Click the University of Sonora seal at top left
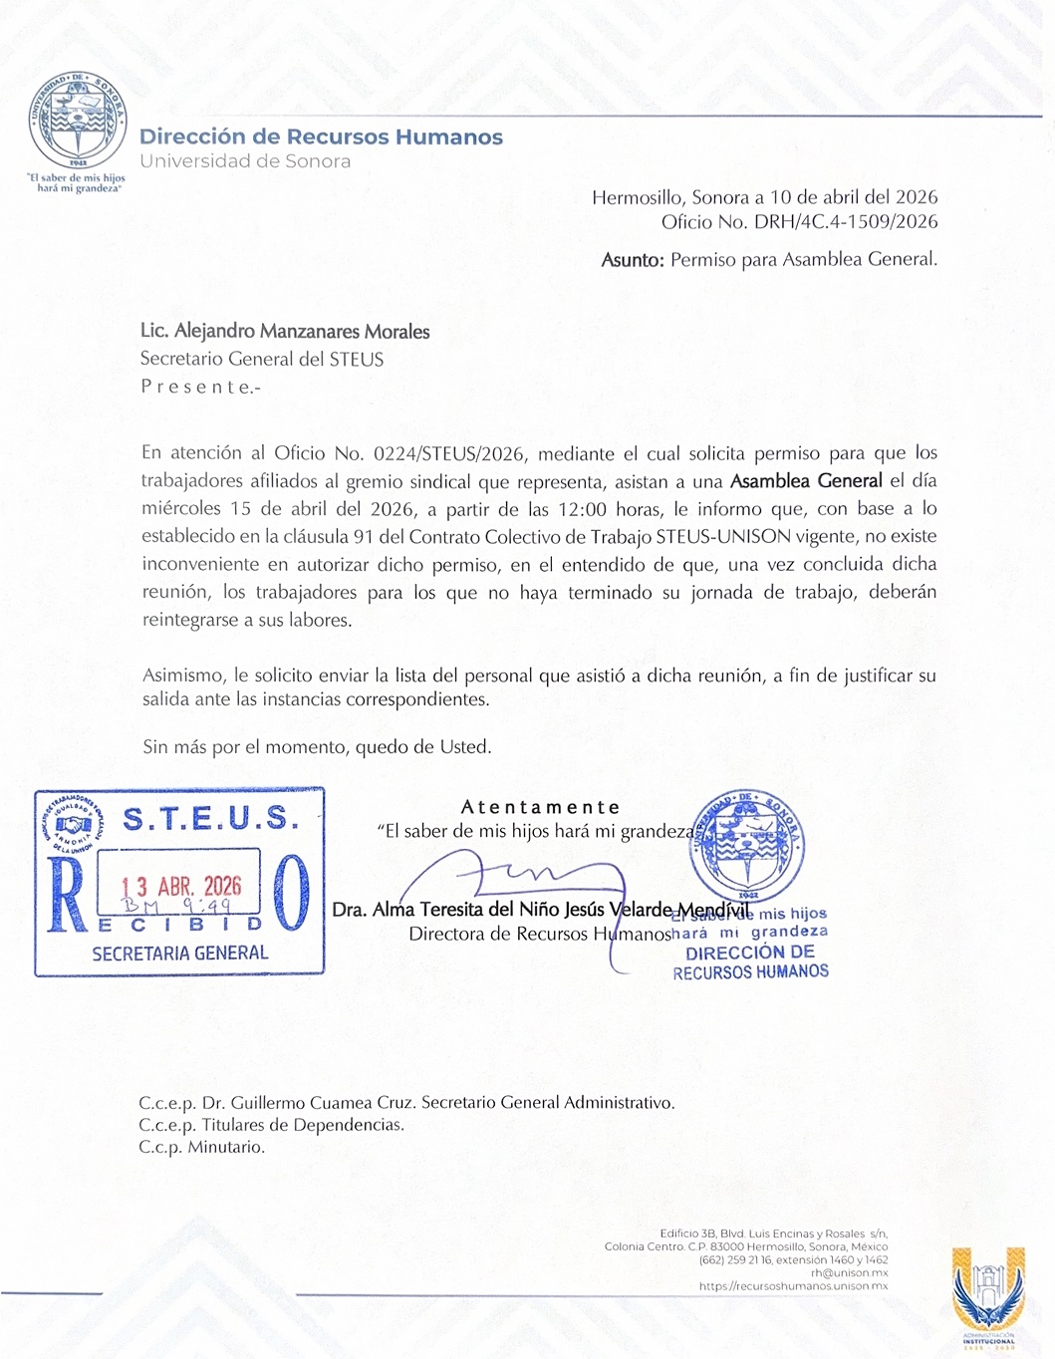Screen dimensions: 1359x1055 click(x=77, y=122)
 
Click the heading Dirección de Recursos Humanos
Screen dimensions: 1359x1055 click(x=321, y=137)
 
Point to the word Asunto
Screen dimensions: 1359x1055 click(x=632, y=261)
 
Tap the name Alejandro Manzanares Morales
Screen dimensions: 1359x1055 click(x=302, y=332)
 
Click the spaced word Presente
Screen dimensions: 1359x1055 click(x=199, y=388)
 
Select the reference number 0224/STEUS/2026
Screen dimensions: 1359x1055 click(x=448, y=454)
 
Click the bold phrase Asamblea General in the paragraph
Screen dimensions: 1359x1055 click(x=806, y=481)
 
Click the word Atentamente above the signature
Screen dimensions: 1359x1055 click(x=540, y=807)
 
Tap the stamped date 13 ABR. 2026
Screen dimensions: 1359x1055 click(x=181, y=886)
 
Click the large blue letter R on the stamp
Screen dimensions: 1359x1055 click(x=66, y=894)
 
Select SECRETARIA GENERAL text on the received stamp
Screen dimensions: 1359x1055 click(x=180, y=953)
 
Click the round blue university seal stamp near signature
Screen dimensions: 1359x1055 click(x=747, y=843)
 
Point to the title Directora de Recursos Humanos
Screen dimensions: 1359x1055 click(x=540, y=935)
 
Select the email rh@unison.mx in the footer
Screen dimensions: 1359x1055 click(x=849, y=1273)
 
